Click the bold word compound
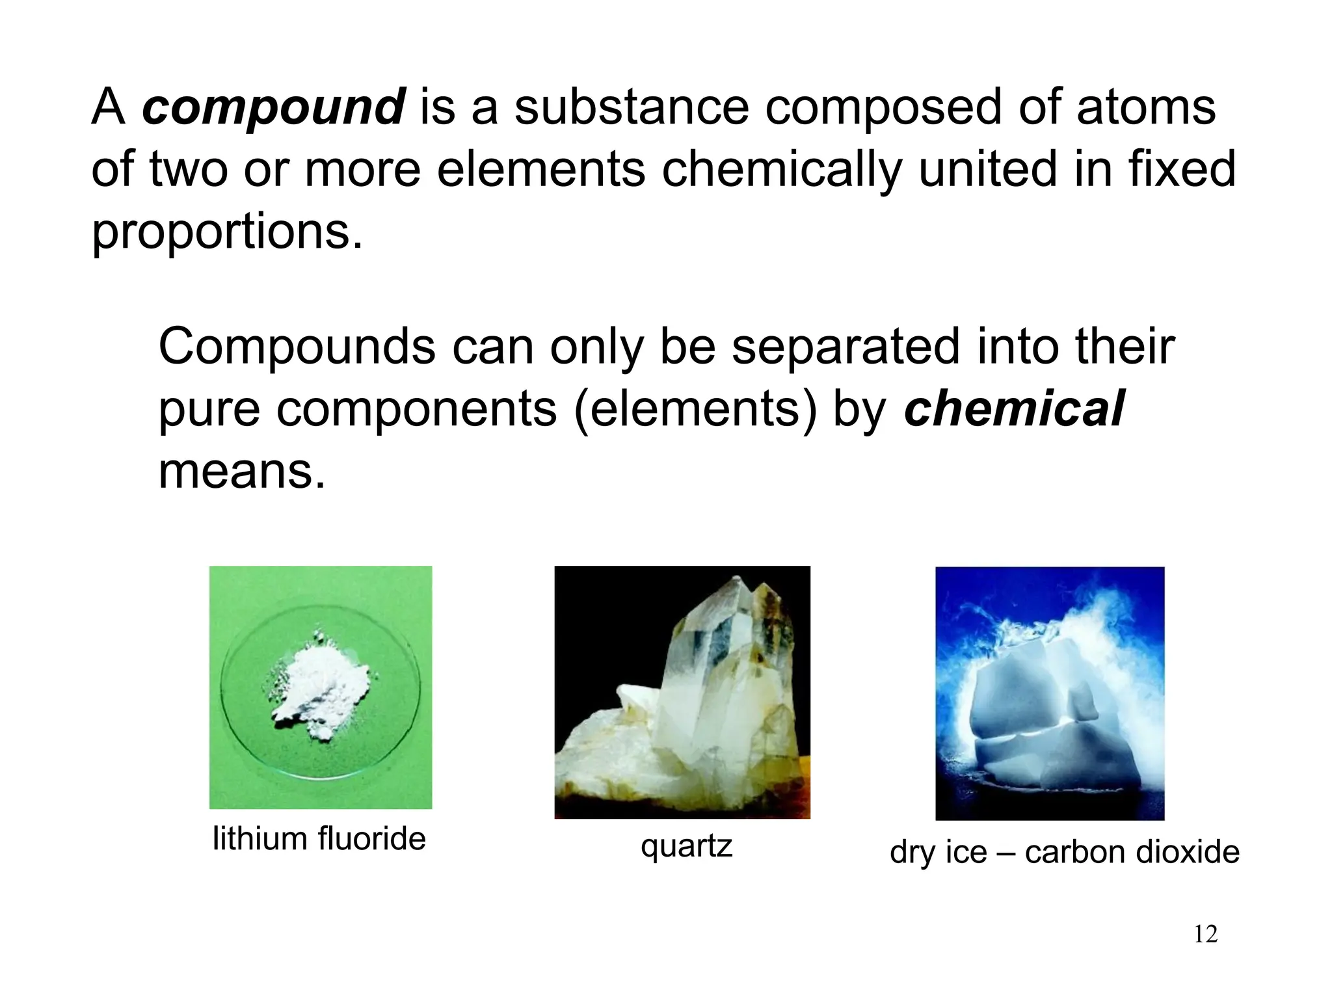pyautogui.click(x=274, y=108)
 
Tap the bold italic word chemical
pyautogui.click(x=1014, y=408)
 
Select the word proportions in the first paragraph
pyautogui.click(x=227, y=232)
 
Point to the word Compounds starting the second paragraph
pyautogui.click(x=297, y=347)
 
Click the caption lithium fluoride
pyautogui.click(x=319, y=839)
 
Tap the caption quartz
pyautogui.click(x=686, y=846)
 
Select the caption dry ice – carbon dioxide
pyautogui.click(x=1064, y=852)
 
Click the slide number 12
pyautogui.click(x=1206, y=934)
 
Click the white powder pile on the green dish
pyautogui.click(x=319, y=689)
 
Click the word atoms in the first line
pyautogui.click(x=1145, y=108)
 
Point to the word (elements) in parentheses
pyautogui.click(x=695, y=410)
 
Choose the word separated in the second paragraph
pyautogui.click(x=846, y=347)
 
